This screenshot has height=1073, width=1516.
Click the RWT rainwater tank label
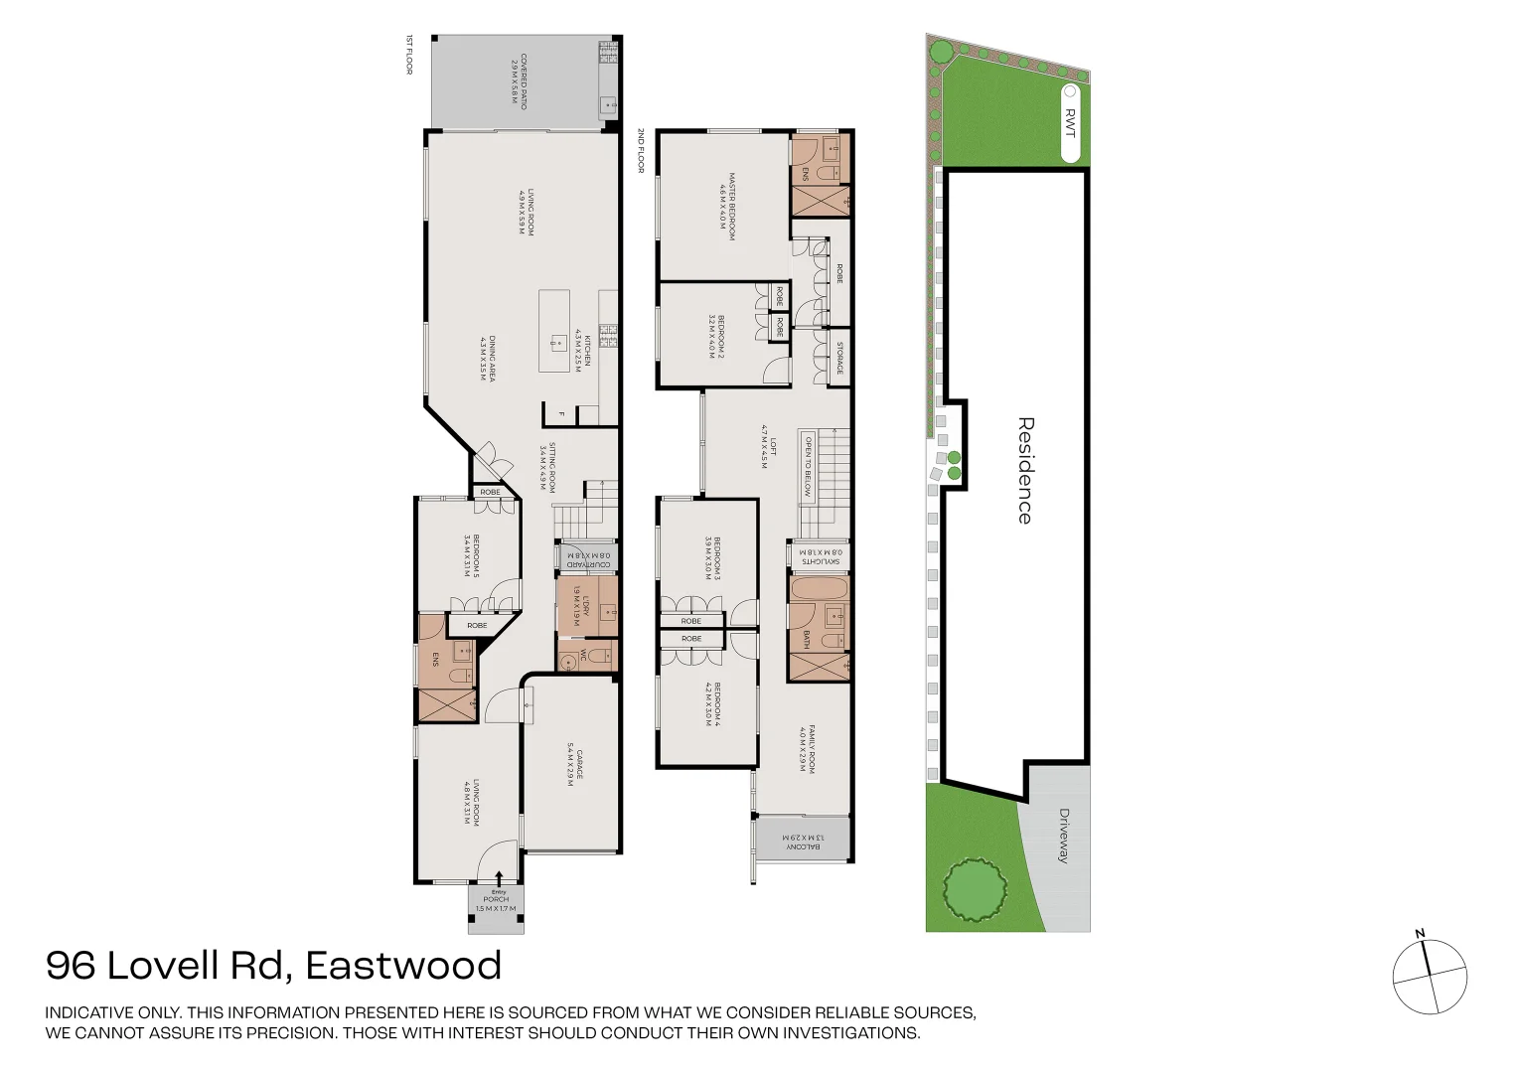coord(1070,123)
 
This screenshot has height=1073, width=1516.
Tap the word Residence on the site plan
coord(1025,470)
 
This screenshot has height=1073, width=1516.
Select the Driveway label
coord(1063,835)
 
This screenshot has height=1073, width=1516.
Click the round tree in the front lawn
coord(973,890)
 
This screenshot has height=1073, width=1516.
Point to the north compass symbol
coord(1429,976)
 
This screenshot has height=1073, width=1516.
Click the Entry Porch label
coord(496,900)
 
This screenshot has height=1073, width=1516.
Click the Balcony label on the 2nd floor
coord(803,842)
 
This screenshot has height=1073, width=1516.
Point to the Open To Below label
coord(809,466)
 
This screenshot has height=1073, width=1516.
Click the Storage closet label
coord(839,357)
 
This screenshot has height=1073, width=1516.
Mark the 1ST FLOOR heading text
coord(408,55)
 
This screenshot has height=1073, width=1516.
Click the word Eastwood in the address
coord(403,966)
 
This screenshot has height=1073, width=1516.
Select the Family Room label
coord(807,748)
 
